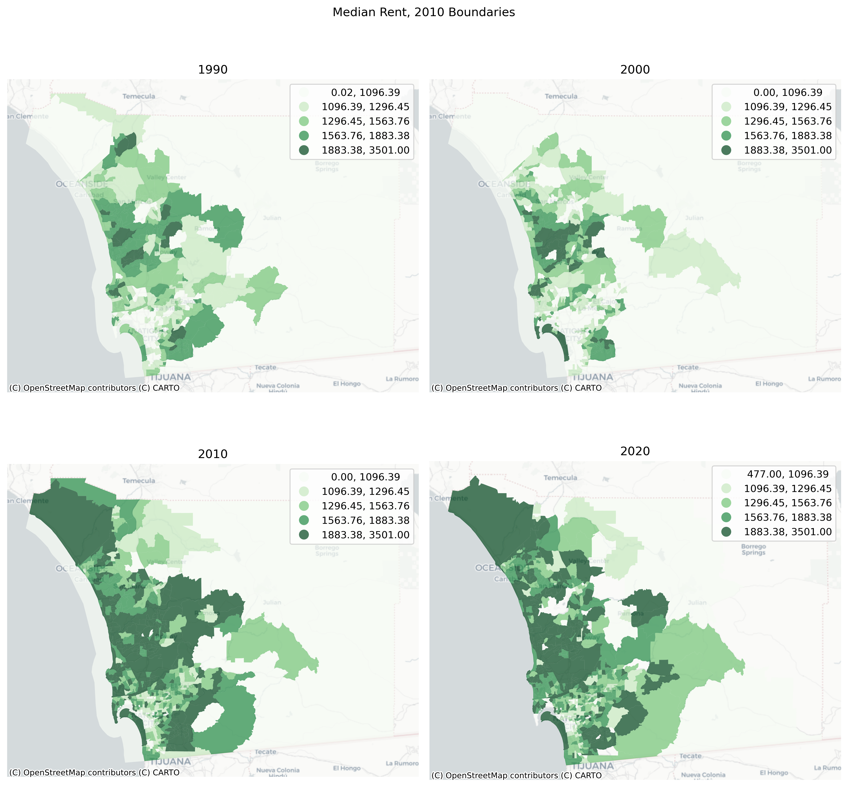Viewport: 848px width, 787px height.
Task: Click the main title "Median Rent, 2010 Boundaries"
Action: pyautogui.click(x=424, y=12)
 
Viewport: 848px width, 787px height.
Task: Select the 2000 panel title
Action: pyautogui.click(x=635, y=69)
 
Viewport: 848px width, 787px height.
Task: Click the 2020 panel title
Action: pyautogui.click(x=635, y=451)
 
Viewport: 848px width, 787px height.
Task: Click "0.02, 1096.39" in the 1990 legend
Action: pyautogui.click(x=366, y=92)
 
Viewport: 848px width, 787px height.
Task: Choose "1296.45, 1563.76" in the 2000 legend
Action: pyautogui.click(x=787, y=121)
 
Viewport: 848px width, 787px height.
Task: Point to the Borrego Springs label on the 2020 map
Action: pyautogui.click(x=753, y=549)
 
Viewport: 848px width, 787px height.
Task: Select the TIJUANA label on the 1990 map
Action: pyautogui.click(x=170, y=377)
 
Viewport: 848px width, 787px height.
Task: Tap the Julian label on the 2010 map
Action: pyautogui.click(x=272, y=603)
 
